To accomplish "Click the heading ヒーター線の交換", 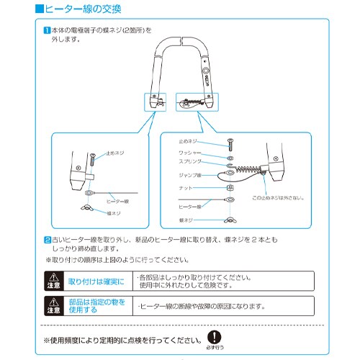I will (81, 10).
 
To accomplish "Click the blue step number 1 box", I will (45, 30).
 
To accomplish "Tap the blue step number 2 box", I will (45, 238).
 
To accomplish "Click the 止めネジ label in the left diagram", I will (115, 153).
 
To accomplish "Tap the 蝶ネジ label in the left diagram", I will (117, 213).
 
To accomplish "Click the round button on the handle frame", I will (207, 73).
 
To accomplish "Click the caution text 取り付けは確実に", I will (96, 279).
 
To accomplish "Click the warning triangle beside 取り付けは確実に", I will (55, 276).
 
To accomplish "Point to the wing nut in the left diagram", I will (88, 210).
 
